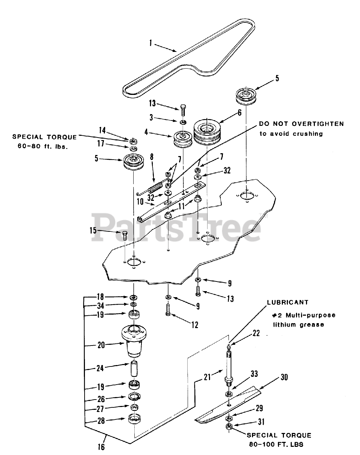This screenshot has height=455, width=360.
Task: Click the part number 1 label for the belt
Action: coord(150,43)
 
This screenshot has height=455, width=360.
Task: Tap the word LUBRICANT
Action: coord(288,303)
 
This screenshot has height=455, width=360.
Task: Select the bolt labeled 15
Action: coord(124,236)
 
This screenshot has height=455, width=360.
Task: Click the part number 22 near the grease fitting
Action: coord(256,333)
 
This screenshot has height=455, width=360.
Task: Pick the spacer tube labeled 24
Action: coord(134,369)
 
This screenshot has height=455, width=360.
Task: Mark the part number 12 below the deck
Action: coord(195,324)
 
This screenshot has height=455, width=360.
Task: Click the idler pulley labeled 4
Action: coord(183,140)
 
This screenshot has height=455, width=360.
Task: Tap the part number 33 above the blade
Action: coord(254,374)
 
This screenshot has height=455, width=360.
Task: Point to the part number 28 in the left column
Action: coord(101,421)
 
